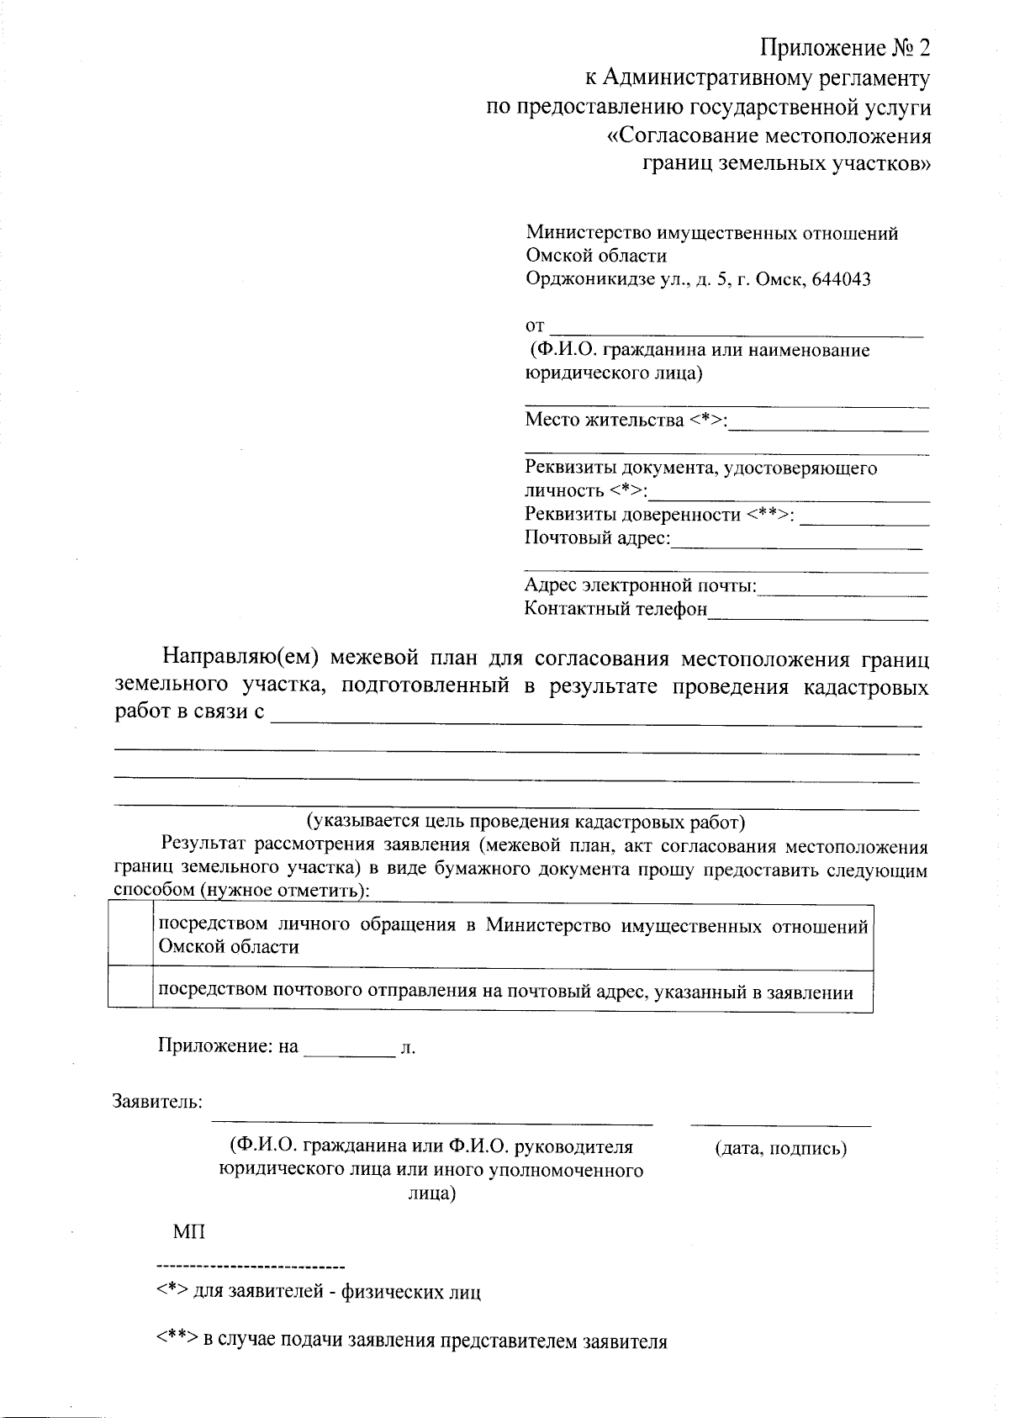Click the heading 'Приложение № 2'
(846, 48)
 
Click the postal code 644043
(839, 279)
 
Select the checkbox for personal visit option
(130, 937)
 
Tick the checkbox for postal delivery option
(130, 989)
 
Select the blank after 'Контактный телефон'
(818, 611)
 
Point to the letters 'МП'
(189, 1233)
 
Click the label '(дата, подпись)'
(780, 1148)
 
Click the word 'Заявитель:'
(158, 1101)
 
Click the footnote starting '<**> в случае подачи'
(412, 1341)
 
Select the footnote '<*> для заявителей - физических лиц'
(320, 1292)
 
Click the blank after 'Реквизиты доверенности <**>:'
(864, 516)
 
